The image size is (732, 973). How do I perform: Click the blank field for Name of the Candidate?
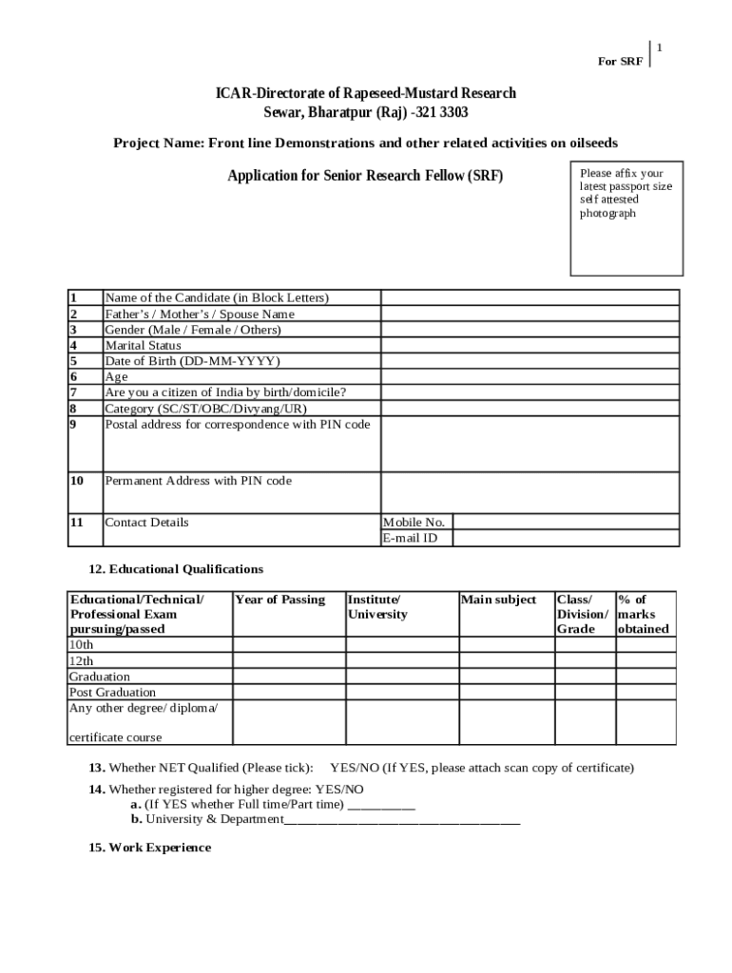click(530, 297)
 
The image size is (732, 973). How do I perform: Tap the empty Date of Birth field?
click(530, 361)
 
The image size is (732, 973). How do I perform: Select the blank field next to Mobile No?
click(566, 522)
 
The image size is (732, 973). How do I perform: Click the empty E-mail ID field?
click(566, 538)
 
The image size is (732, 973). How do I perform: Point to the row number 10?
click(77, 481)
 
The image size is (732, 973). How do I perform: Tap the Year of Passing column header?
click(279, 600)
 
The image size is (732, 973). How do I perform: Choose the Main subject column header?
click(498, 600)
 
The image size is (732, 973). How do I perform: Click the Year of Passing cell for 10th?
click(288, 645)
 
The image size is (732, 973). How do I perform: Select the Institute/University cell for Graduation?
click(400, 677)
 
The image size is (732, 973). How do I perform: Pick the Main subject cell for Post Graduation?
click(506, 693)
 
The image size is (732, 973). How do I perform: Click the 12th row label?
click(81, 660)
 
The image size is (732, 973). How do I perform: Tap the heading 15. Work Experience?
click(149, 848)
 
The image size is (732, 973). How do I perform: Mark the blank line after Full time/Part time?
click(382, 805)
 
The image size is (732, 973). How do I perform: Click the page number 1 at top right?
click(659, 48)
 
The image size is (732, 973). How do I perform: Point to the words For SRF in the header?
click(620, 62)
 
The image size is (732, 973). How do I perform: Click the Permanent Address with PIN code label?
click(198, 481)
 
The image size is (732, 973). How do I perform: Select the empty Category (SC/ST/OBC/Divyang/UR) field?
click(530, 409)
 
